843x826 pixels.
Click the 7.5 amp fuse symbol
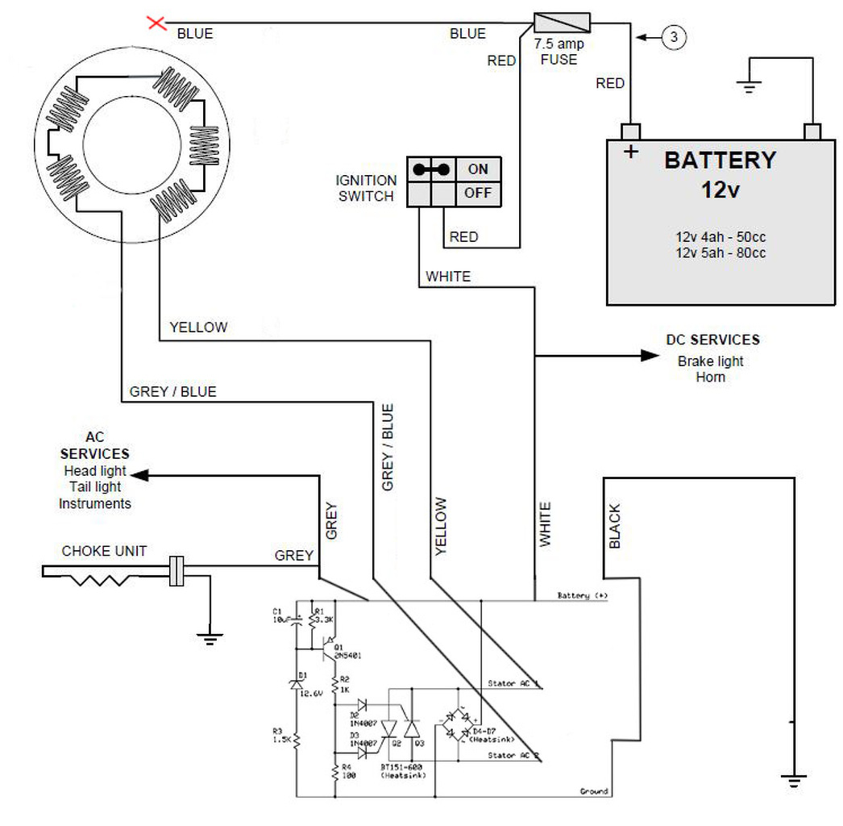coord(563,22)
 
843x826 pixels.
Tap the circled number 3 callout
coord(674,35)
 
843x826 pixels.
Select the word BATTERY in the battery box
coord(720,160)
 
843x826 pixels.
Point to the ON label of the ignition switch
coord(478,169)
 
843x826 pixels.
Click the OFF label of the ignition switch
coord(478,194)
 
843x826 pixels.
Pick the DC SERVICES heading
coord(712,340)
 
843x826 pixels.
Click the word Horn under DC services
coord(711,377)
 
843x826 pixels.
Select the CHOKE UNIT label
coord(105,551)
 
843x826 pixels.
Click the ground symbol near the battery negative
coord(750,86)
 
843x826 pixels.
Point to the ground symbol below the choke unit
coord(210,637)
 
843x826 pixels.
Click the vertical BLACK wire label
coord(615,526)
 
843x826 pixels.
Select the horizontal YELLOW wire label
coord(198,327)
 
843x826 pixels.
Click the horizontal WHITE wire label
coord(448,277)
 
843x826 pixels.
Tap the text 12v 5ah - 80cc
coord(720,253)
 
